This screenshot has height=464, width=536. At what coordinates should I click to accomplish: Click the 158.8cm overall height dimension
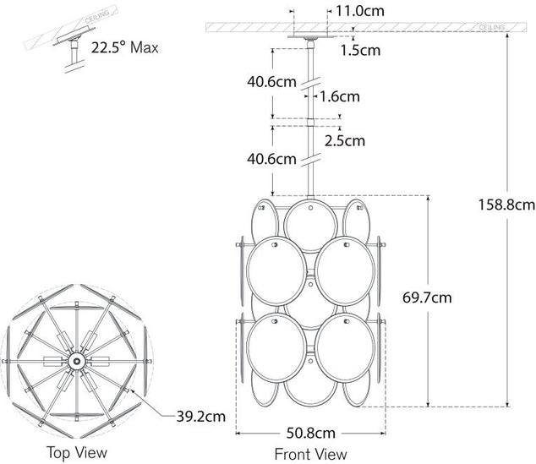(x=506, y=205)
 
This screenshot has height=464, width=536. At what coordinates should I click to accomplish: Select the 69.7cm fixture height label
(x=427, y=298)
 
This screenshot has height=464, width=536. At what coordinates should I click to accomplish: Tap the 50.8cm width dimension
(x=311, y=434)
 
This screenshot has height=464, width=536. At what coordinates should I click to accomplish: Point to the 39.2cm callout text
(x=201, y=417)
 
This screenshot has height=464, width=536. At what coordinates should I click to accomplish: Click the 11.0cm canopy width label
(x=359, y=11)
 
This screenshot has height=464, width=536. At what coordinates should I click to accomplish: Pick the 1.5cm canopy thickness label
(x=360, y=51)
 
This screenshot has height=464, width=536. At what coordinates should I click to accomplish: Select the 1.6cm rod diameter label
(x=340, y=96)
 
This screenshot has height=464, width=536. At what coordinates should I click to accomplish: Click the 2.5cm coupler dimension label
(x=345, y=141)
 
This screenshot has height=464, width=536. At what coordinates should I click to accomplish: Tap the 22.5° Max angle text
(x=125, y=47)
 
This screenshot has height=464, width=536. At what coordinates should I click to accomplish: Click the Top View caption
(x=77, y=453)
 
